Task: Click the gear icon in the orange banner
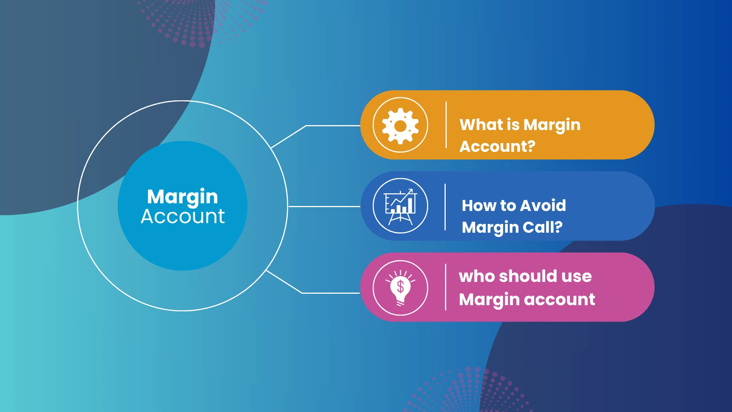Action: click(x=400, y=126)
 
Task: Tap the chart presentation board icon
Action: click(x=400, y=206)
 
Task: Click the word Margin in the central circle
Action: click(x=182, y=197)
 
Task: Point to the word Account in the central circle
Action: click(x=183, y=217)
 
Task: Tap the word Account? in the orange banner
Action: click(x=497, y=146)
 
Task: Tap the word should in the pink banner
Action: click(x=528, y=276)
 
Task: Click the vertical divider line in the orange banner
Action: click(x=446, y=125)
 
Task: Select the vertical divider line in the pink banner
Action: click(x=445, y=287)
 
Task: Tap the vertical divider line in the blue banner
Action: click(x=445, y=207)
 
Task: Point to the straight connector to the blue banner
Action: click(x=324, y=206)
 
